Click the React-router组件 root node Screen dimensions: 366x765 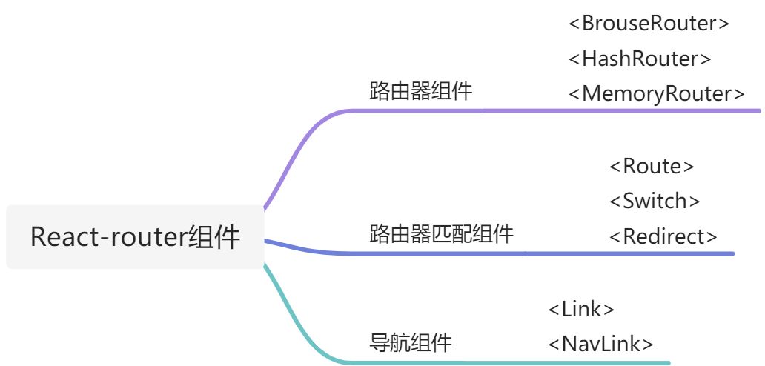click(135, 237)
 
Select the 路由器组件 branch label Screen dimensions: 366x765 click(420, 92)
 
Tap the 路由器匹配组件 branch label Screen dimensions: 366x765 click(441, 234)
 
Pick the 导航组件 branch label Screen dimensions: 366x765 click(410, 343)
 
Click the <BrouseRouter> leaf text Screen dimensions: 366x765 click(649, 24)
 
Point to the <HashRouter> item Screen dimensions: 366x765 click(640, 59)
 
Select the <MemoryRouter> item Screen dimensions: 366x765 click(657, 94)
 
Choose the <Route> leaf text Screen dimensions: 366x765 click(652, 166)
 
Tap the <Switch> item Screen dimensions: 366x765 click(655, 201)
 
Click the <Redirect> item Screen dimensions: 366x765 click(663, 236)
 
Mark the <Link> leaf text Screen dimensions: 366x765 click(581, 309)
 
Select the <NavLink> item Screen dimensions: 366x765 click(600, 344)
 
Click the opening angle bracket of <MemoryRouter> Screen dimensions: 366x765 click(574, 94)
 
